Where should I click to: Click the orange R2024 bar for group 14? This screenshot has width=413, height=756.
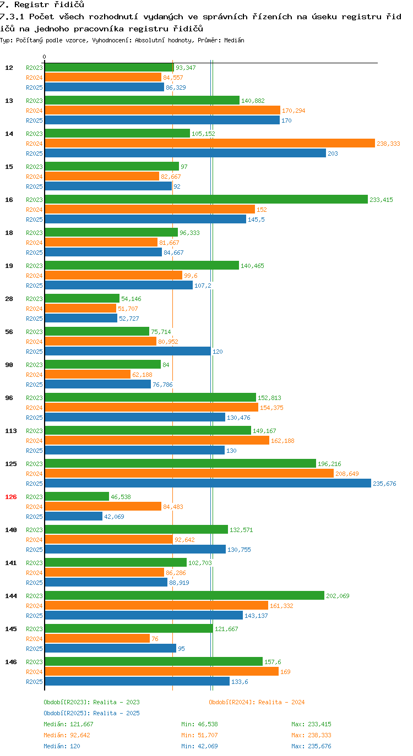(x=210, y=144)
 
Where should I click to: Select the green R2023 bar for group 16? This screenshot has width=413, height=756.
(x=206, y=200)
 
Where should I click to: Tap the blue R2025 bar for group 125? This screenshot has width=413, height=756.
(x=208, y=483)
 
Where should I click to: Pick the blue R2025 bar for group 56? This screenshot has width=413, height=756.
(x=128, y=352)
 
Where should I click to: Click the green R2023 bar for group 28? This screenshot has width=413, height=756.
(x=82, y=298)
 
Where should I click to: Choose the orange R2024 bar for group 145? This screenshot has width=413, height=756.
(x=97, y=639)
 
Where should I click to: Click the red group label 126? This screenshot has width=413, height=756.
(x=11, y=497)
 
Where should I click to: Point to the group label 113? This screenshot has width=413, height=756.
(x=11, y=431)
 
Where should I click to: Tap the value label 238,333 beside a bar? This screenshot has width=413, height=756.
(x=388, y=144)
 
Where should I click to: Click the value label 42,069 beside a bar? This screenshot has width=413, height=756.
(x=114, y=517)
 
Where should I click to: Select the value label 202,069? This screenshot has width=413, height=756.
(x=338, y=596)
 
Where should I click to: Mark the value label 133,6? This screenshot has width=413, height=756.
(x=240, y=682)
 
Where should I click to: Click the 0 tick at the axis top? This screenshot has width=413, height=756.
(x=44, y=57)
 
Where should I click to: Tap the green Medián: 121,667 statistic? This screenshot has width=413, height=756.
(x=68, y=724)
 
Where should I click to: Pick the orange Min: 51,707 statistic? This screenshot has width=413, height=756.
(x=199, y=735)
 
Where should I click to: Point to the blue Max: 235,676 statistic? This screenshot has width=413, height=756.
(x=311, y=746)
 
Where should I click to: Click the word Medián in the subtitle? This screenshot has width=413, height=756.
(x=234, y=40)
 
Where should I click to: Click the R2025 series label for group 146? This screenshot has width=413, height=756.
(x=35, y=682)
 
